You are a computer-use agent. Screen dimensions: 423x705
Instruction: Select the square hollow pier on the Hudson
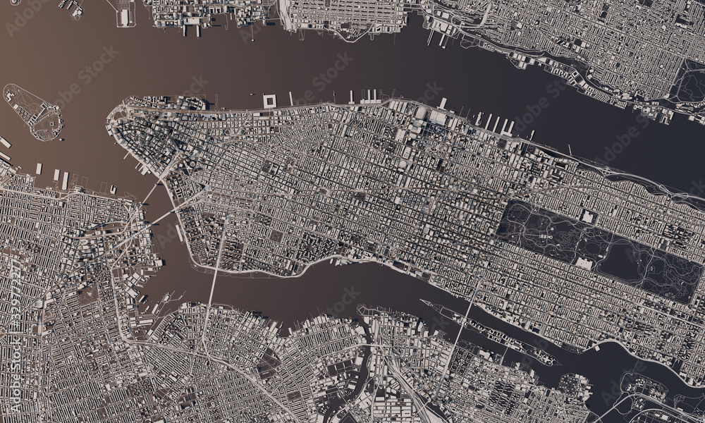tap(269, 101)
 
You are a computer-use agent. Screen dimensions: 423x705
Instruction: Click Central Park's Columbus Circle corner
tap(508, 204)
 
